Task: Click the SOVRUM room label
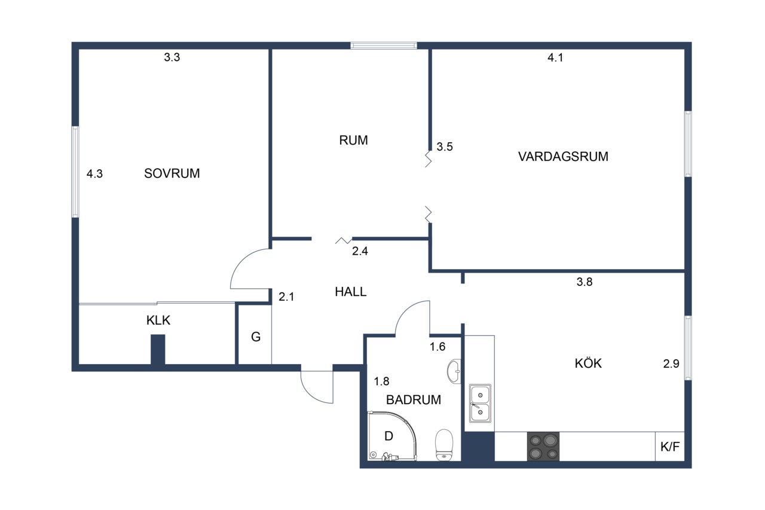(172, 173)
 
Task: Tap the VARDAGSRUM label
(563, 157)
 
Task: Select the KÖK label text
(588, 363)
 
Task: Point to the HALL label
(351, 292)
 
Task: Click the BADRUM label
(414, 399)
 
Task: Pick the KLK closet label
(158, 320)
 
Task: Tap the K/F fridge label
(670, 447)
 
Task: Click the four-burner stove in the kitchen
(543, 446)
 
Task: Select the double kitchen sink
(480, 403)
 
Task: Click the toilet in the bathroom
(444, 445)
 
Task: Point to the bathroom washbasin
(454, 371)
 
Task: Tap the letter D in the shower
(388, 436)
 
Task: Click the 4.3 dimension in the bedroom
(94, 174)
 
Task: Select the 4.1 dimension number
(555, 58)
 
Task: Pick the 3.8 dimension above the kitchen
(585, 282)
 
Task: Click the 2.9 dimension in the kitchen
(671, 364)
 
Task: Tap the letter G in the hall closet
(256, 337)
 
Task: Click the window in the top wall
(384, 45)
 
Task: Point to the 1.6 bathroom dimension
(437, 347)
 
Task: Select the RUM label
(353, 141)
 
